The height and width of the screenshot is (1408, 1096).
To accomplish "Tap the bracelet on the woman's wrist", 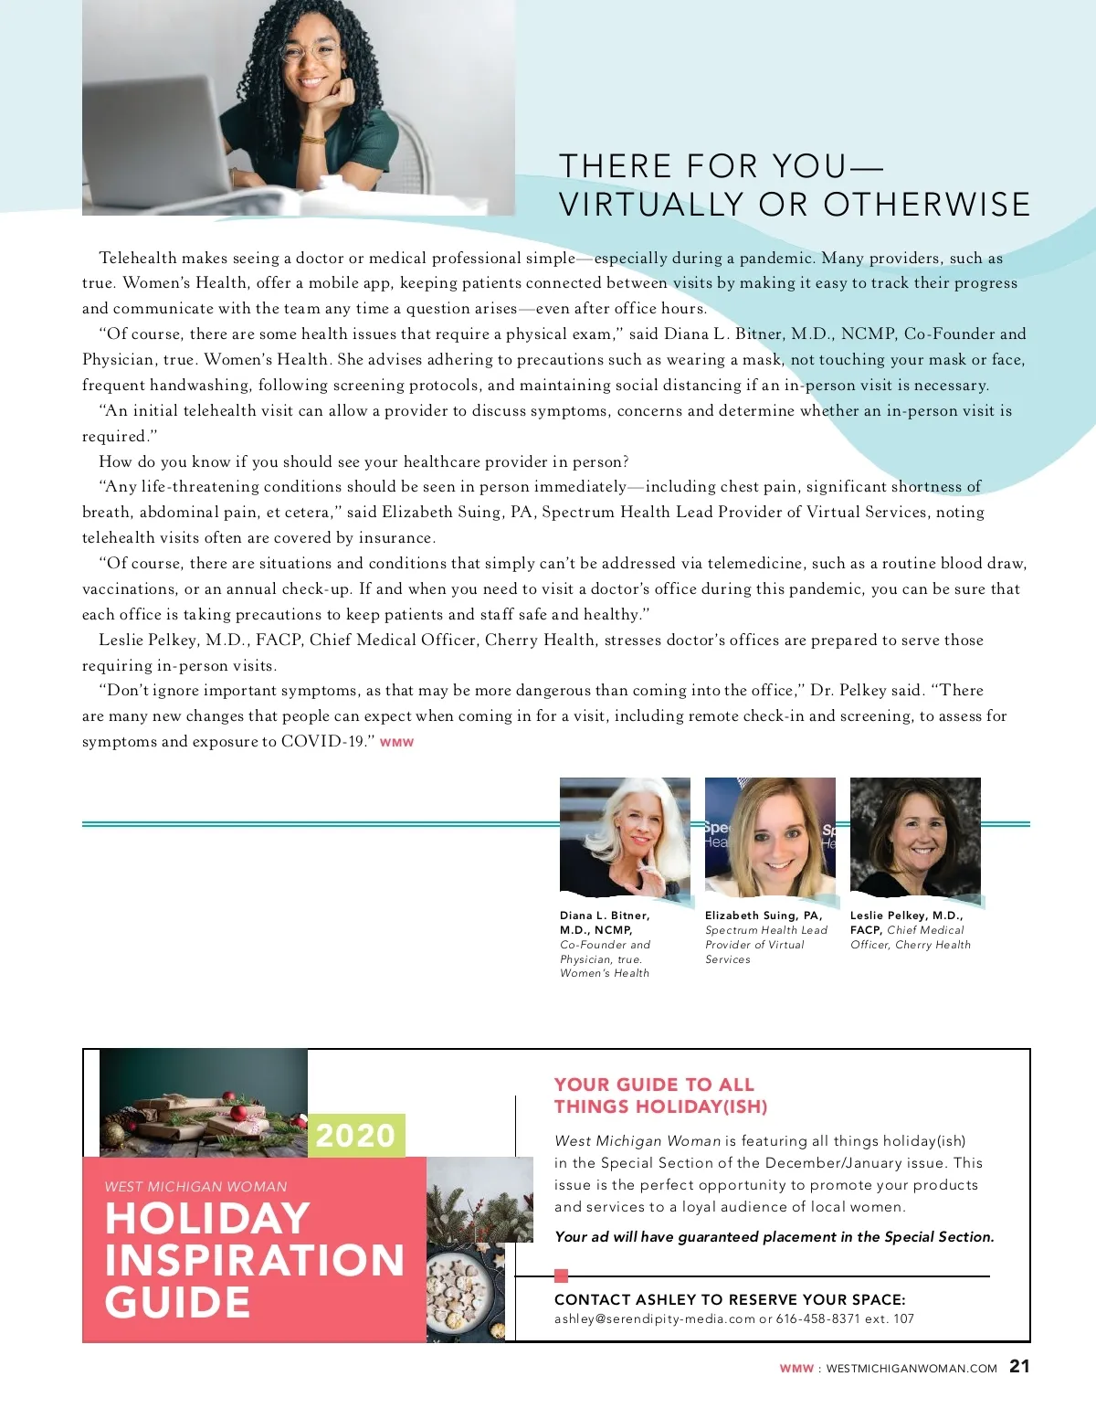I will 313,140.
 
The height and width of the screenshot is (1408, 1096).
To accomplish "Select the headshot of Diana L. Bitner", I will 625,836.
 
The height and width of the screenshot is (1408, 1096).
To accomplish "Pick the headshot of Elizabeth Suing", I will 770,836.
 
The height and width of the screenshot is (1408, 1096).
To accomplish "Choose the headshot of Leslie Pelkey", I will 915,836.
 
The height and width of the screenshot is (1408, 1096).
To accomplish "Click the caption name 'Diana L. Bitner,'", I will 605,916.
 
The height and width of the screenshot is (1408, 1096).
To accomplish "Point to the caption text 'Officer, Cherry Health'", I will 911,945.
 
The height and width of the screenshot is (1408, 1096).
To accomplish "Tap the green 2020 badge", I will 355,1136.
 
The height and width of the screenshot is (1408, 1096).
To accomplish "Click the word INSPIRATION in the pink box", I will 255,1260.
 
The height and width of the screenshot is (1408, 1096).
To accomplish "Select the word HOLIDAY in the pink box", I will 208,1218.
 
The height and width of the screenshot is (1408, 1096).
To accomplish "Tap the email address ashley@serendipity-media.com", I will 655,1318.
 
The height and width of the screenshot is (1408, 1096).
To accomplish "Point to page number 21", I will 1019,1366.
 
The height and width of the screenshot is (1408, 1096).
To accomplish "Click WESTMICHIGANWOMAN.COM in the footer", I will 912,1369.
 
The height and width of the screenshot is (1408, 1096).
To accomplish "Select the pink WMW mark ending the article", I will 397,743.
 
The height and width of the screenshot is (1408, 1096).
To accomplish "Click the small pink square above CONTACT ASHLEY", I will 562,1276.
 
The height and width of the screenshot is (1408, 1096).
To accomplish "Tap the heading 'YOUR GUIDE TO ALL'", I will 654,1085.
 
